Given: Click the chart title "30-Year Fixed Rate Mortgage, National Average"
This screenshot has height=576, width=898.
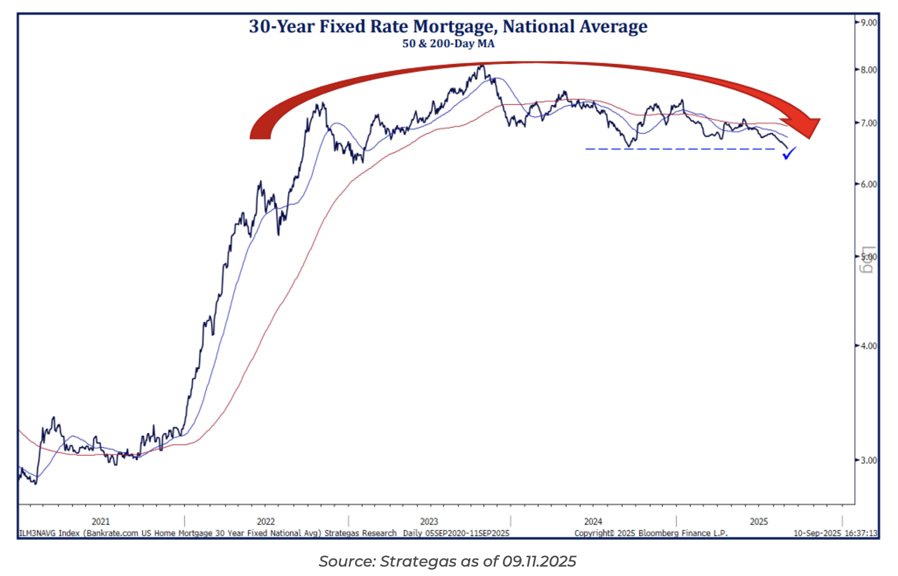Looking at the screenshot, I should coord(448,26).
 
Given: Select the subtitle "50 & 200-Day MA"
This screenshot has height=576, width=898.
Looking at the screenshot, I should coord(448,44).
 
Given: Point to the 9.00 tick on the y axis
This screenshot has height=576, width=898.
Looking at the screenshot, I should coord(868,22).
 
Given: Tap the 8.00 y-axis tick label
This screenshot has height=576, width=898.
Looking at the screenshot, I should coord(868,70).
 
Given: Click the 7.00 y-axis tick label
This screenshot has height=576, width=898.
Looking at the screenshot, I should coord(868,123).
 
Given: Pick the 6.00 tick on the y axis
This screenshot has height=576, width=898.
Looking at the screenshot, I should coord(868,184).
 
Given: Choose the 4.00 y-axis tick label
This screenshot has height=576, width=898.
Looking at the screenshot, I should coord(868,346).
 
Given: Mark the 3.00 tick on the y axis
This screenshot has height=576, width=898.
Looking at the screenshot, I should coord(868,460).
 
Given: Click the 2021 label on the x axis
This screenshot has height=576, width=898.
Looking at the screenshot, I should coord(100,521).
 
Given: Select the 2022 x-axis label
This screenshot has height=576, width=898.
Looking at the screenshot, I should coord(266,521).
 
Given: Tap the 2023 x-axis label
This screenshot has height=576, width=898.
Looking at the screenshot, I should coord(429,521).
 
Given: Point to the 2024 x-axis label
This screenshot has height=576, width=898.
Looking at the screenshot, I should coord(593,521).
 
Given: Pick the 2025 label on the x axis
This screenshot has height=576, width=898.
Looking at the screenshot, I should coord(758,521).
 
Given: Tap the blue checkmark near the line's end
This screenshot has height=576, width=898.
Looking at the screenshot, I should coord(789,154).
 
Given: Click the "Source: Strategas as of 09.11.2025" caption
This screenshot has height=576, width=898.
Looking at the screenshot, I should coord(447,561).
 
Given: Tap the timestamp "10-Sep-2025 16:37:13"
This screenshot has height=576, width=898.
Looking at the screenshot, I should coord(835,533).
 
